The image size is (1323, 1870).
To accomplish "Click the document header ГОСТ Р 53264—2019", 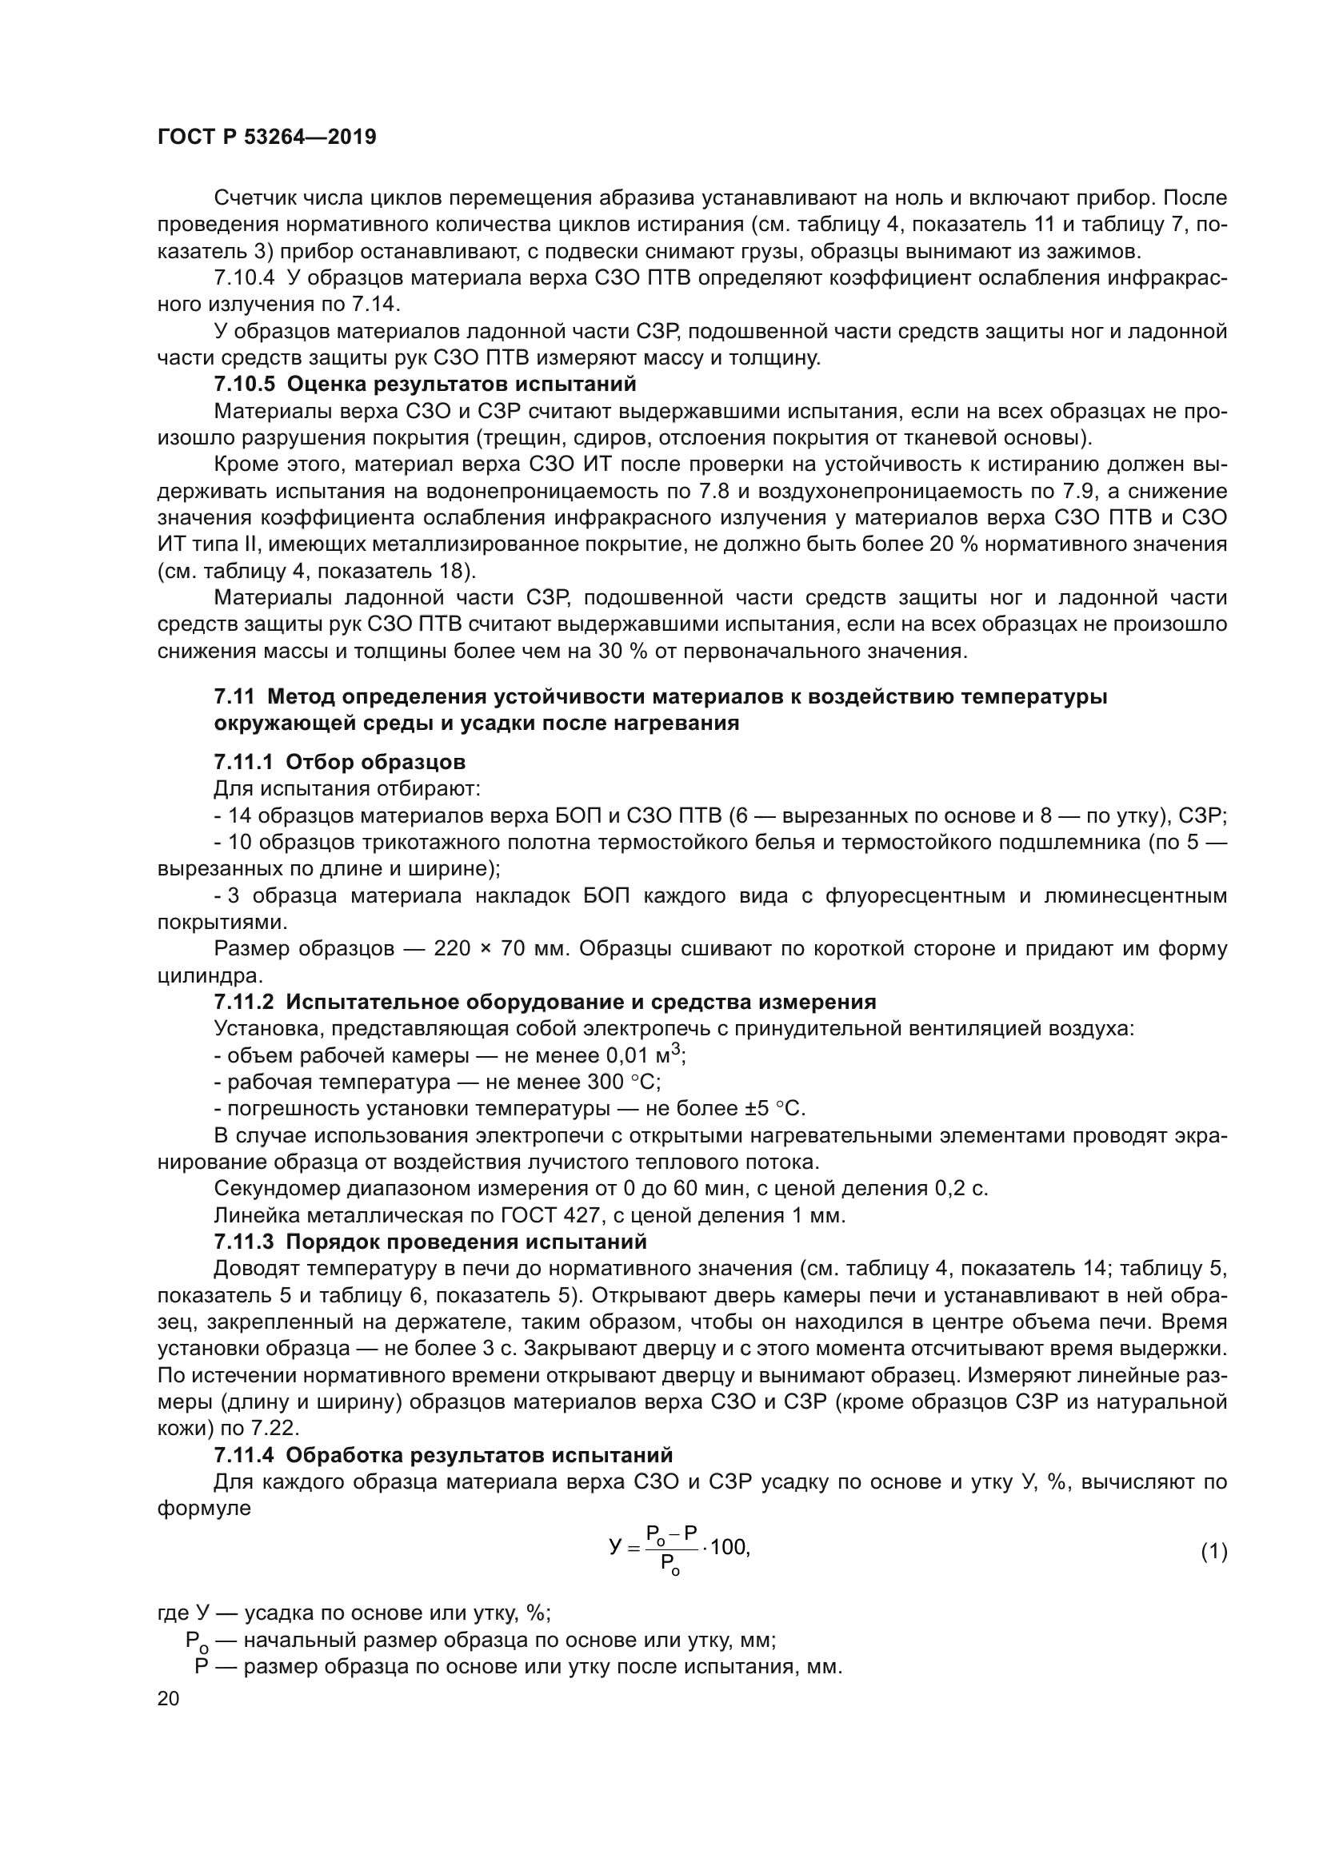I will point(266,137).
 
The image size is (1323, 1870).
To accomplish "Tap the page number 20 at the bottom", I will point(168,1699).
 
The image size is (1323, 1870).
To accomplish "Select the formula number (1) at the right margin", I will point(1214,1553).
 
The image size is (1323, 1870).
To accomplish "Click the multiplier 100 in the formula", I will point(729,1548).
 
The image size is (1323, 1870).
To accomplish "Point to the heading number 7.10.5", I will point(246,384).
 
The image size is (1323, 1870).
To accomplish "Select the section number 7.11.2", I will point(246,1002).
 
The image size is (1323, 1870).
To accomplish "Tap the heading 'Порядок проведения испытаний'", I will point(467,1242).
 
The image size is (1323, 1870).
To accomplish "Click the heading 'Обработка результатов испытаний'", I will point(480,1455).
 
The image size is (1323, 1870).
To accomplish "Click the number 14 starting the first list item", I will point(239,816).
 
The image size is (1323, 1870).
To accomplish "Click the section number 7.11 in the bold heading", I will point(234,697).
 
